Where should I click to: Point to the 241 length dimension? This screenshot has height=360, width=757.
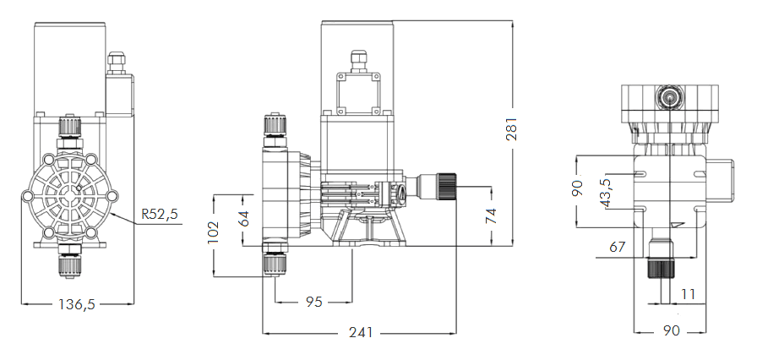point(361,332)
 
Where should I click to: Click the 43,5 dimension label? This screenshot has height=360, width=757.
point(605,191)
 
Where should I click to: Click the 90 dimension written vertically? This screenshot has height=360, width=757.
point(578,188)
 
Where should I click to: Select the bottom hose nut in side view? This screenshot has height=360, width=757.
point(275,262)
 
